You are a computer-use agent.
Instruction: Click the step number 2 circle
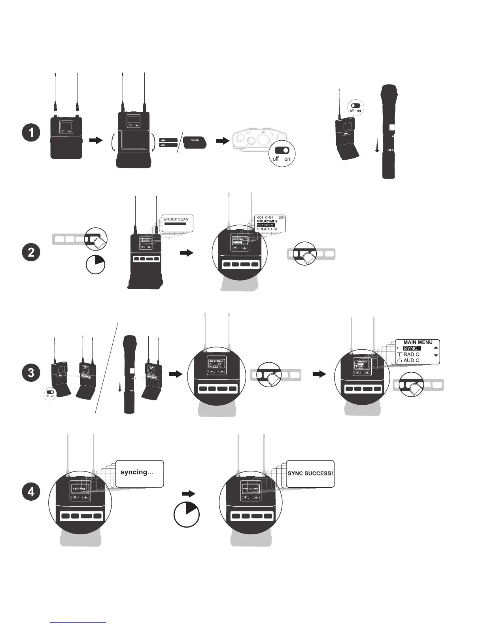31,253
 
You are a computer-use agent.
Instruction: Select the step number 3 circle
31,373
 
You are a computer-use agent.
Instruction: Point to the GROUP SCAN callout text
176,219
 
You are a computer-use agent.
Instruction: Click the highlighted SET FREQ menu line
265,225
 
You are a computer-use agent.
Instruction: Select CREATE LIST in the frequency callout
267,229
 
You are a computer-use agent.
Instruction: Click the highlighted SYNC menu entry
411,349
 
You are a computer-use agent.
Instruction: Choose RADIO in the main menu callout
411,354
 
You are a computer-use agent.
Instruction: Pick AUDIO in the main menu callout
411,360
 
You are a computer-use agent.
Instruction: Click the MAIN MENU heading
418,343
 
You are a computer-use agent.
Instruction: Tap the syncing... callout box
140,473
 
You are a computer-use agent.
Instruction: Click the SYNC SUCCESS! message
310,473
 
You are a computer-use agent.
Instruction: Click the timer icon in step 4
187,515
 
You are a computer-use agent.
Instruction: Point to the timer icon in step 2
95,264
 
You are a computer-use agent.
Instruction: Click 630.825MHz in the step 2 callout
267,221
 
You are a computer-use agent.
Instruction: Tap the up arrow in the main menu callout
436,348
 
